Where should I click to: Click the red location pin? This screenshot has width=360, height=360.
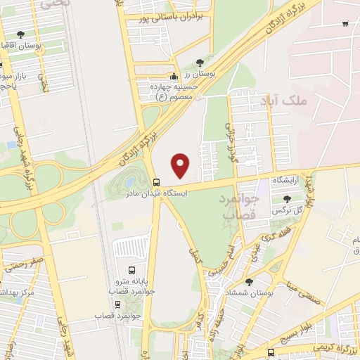181,165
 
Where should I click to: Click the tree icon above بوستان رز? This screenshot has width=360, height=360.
202,63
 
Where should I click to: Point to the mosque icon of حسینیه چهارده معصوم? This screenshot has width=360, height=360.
174,77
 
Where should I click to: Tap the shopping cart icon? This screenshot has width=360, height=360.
345,24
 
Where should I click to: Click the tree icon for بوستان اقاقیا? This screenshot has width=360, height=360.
20,34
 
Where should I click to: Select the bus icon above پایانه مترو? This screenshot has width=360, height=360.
131,269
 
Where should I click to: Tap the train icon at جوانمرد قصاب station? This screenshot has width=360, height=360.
117,304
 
